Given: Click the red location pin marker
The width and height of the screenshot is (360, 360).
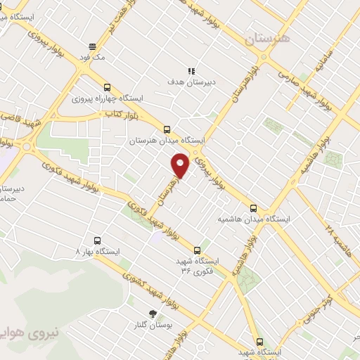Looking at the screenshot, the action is (x=181, y=166).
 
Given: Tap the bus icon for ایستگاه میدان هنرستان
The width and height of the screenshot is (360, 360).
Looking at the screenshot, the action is (x=167, y=129).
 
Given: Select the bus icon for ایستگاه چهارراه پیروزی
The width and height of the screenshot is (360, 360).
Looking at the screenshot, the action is (x=107, y=88).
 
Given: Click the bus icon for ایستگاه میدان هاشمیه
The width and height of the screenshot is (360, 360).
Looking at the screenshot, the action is (x=254, y=208).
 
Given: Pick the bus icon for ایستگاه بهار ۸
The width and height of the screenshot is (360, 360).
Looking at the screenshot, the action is (x=96, y=240).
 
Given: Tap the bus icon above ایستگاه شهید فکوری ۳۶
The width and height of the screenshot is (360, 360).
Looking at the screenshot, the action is (x=197, y=250).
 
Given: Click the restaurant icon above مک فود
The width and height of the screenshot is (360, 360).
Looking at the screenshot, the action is (x=92, y=46).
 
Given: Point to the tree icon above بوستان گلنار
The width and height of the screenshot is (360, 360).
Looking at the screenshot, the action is (x=153, y=314).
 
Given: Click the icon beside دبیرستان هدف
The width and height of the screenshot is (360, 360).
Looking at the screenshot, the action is (x=191, y=71).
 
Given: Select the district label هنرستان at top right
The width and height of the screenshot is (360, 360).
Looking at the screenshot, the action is (x=268, y=39).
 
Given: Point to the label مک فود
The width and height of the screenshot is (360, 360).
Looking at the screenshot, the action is (x=92, y=58).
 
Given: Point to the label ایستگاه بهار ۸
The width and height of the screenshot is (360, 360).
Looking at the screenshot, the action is (x=98, y=251).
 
